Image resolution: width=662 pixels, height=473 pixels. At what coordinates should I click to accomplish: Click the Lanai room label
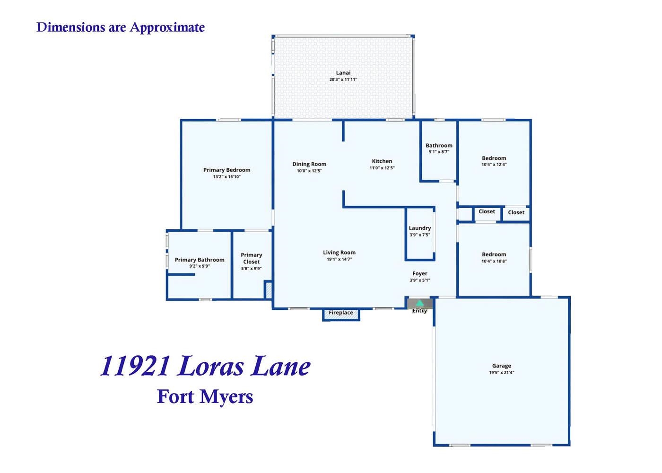coord(343,73)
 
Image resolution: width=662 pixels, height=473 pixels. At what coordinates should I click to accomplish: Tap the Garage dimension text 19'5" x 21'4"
coord(502,373)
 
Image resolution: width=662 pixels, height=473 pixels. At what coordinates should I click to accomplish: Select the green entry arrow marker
coord(420,303)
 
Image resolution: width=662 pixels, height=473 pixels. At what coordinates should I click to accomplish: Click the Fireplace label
coord(341,313)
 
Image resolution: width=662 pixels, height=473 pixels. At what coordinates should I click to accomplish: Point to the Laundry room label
coord(420,228)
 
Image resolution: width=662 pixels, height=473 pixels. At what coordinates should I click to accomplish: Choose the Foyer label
coord(420,274)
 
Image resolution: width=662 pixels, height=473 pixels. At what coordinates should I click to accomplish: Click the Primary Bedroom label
coord(226,170)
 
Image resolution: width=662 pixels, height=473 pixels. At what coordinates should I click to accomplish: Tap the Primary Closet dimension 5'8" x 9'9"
coord(251,269)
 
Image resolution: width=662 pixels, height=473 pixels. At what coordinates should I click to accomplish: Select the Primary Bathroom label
coord(200,260)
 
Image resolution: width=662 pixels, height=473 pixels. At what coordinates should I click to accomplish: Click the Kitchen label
coord(382,161)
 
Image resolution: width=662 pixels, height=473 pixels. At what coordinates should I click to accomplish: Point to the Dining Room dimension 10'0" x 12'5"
coord(309,171)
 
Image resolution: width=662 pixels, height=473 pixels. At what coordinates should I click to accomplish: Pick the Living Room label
coord(339,253)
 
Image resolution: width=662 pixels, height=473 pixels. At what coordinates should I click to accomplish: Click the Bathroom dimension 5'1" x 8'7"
coord(439,152)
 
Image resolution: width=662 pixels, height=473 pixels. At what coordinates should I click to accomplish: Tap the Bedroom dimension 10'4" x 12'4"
coord(494,165)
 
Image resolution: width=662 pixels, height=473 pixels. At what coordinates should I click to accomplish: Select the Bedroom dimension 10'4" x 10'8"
coord(494,261)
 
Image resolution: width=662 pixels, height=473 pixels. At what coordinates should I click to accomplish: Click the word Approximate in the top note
coord(167,27)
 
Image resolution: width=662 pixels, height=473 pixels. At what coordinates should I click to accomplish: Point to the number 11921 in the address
coord(135,366)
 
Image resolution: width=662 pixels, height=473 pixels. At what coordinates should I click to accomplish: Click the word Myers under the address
coord(226,397)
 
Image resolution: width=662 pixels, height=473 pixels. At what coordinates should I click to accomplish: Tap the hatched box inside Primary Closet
coord(269,290)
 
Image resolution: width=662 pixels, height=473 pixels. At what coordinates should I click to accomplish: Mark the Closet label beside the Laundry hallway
coord(487,212)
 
